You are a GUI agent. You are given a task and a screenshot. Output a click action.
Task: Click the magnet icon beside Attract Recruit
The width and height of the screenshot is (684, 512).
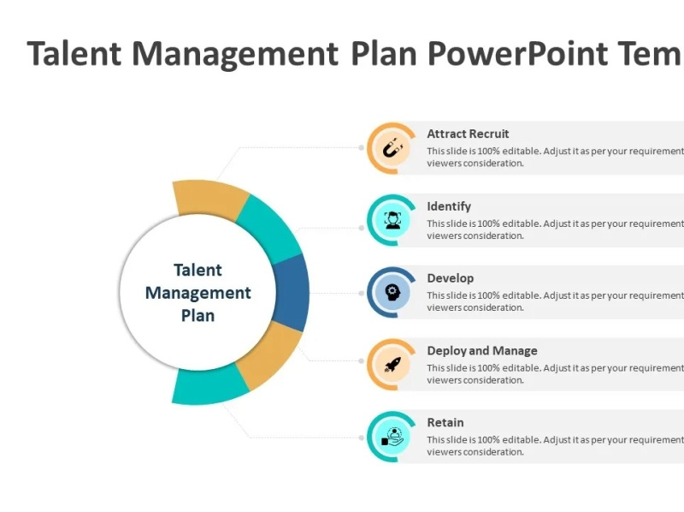tap(392, 148)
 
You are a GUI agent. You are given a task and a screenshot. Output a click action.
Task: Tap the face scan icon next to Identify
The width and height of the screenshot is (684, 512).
tap(392, 220)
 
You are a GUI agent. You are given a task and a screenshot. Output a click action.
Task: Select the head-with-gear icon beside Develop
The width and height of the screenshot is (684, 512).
tap(392, 292)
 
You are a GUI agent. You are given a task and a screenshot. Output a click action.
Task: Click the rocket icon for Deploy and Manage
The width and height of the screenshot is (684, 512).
tap(392, 365)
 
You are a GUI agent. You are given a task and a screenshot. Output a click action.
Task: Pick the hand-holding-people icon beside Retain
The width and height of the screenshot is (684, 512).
tap(392, 437)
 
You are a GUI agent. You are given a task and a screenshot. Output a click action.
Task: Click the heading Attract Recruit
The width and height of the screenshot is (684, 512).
tap(468, 134)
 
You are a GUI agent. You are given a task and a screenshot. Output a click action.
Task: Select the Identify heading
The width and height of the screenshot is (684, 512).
tap(449, 206)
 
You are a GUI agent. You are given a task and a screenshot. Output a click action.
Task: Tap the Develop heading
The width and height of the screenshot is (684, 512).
tap(450, 278)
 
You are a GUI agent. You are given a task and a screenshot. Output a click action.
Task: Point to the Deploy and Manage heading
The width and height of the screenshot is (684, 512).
tap(482, 350)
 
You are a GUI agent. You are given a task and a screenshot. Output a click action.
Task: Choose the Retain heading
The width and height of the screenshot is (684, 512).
tap(445, 422)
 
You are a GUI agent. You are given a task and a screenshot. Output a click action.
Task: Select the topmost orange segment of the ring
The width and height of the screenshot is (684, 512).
tap(209, 199)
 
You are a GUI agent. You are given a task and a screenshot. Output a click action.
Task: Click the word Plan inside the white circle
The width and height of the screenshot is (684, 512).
tap(198, 315)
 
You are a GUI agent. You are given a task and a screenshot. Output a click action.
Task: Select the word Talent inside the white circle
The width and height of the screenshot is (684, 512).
tap(198, 271)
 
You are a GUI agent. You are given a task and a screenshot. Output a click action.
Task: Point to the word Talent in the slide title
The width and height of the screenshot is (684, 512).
tap(75, 53)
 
